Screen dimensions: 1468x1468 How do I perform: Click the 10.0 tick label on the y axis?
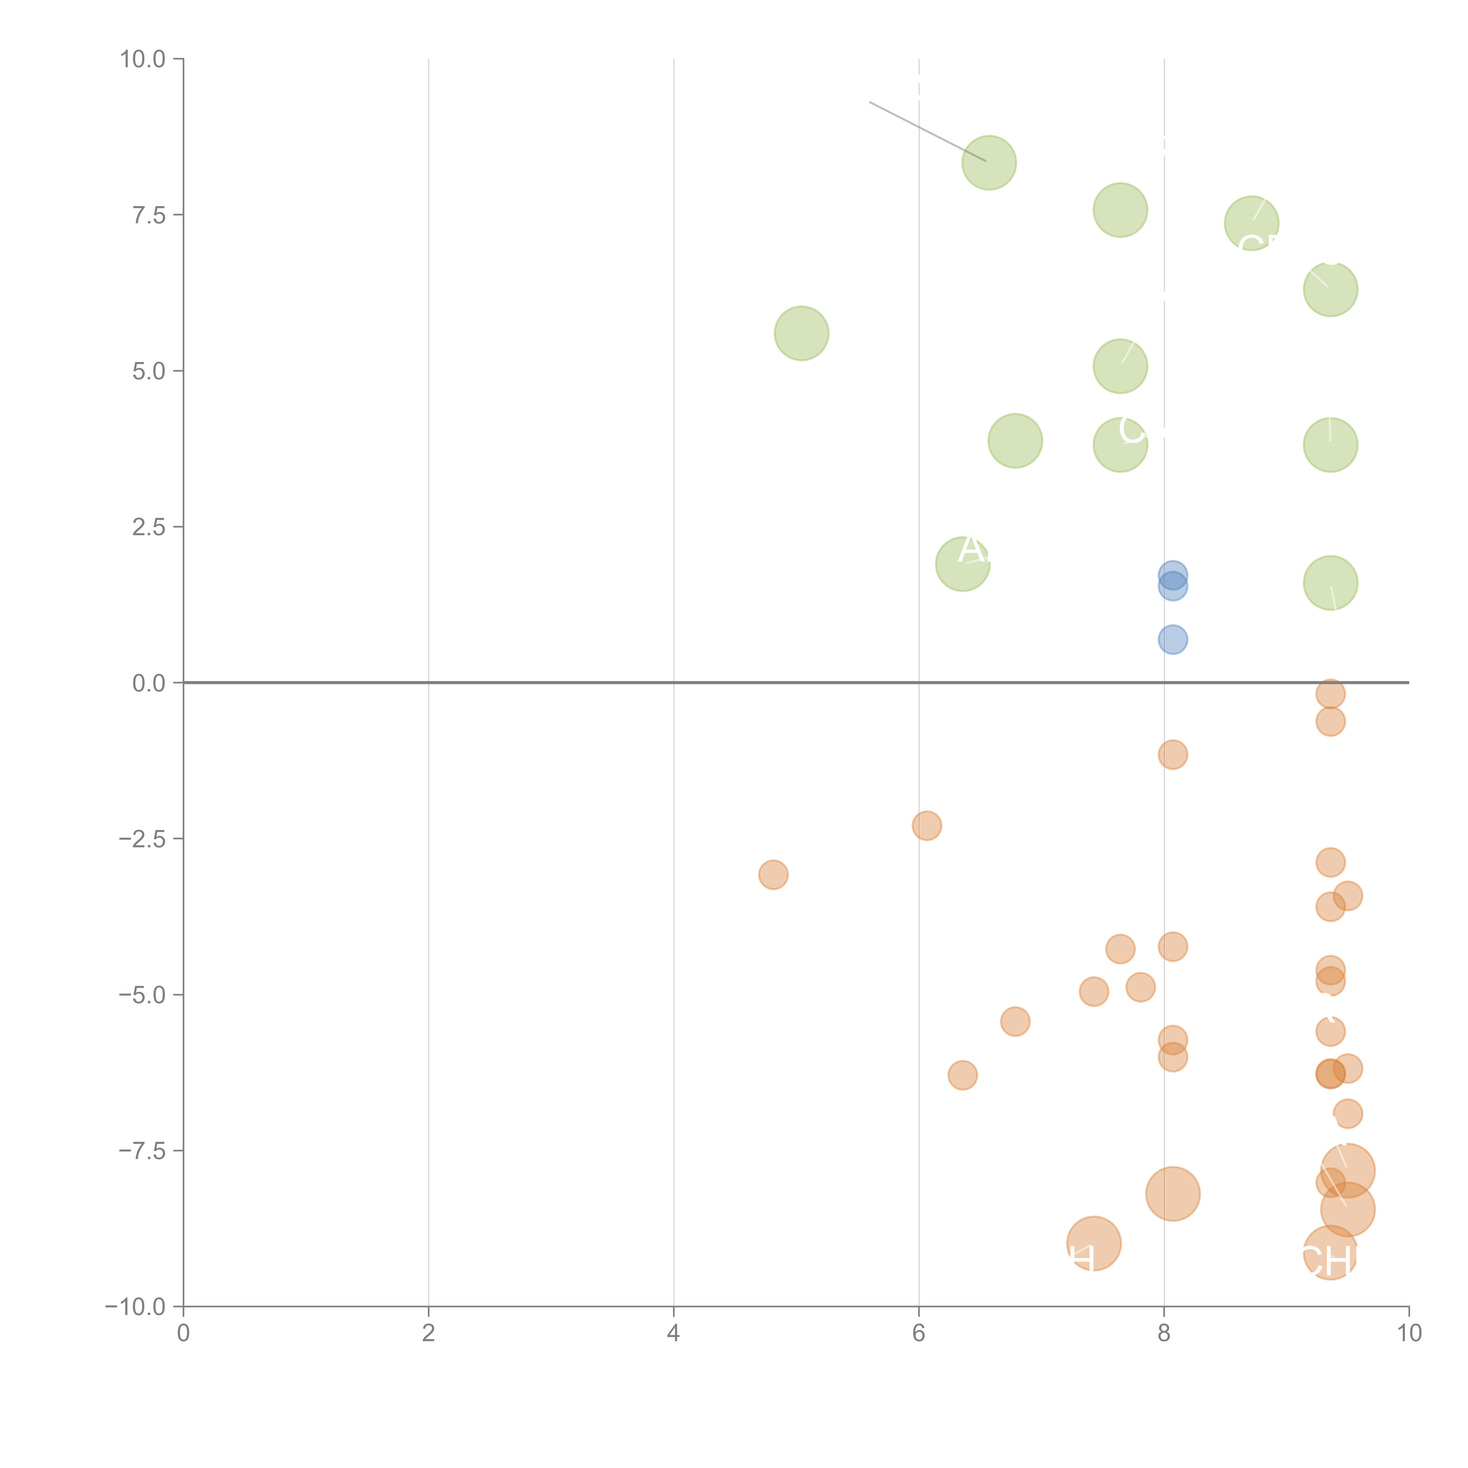pos(143,59)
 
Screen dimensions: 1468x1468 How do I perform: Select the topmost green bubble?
pos(989,163)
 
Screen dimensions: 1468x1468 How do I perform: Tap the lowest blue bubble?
pos(1172,640)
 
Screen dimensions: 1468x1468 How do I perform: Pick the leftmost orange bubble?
pos(773,875)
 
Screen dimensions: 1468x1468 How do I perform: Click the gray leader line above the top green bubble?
pos(927,131)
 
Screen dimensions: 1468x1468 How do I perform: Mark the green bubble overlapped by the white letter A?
pos(962,564)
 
